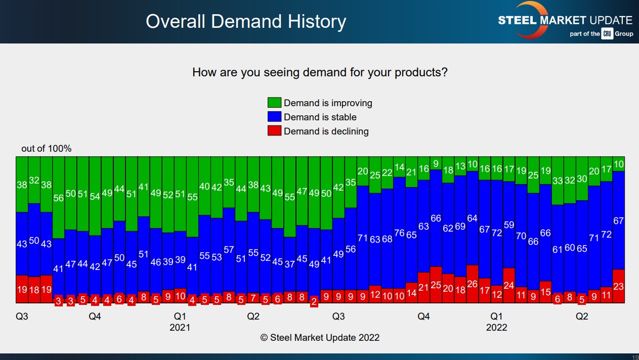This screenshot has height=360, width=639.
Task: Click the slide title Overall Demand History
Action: coord(246,22)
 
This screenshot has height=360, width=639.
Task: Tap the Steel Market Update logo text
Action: coord(565,21)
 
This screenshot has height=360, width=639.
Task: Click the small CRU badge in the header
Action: coord(607,34)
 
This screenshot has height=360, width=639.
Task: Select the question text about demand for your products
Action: coord(320,72)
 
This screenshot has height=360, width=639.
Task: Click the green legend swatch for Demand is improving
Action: coord(274,103)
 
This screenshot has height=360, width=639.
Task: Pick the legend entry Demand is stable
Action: coord(320,117)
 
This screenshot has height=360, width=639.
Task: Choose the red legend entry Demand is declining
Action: coord(326,131)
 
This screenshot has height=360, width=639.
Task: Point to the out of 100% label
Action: coord(47,149)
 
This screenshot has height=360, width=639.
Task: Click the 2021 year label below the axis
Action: coord(180,327)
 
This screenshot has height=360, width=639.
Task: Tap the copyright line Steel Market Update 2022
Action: coord(320,337)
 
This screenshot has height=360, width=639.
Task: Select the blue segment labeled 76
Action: coord(399,233)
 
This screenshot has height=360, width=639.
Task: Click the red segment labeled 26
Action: coord(473,284)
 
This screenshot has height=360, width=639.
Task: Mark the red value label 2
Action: coord(314,302)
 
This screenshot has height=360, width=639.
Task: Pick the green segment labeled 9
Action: coord(436,163)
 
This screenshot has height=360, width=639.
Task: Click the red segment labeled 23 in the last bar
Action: coord(618,286)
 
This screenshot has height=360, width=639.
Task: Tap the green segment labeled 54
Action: coord(95,196)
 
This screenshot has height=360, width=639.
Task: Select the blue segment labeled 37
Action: coord(289,264)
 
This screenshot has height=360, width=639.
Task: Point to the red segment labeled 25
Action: coord(436,285)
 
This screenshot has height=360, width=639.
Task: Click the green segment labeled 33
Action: coord(558,181)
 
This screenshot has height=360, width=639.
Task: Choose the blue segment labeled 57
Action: coord(229,250)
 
